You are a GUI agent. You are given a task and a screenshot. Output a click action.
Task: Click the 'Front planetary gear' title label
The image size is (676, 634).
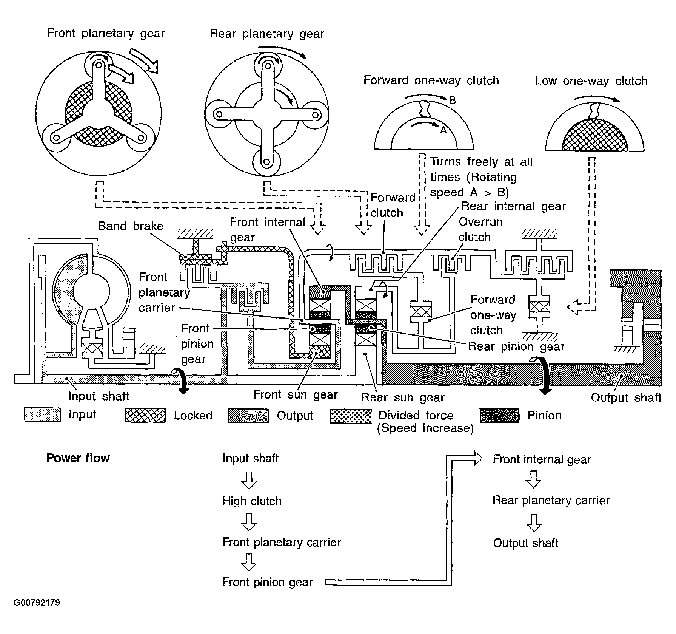coord(106,33)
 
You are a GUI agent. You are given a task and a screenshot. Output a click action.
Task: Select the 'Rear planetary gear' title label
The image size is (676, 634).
coord(267,34)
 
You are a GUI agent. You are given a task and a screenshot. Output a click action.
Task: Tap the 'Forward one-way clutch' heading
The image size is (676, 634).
coord(431,80)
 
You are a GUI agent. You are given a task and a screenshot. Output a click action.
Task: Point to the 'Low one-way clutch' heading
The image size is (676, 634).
coord(591,81)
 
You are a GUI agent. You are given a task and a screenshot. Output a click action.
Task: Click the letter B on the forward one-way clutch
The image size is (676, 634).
coord(453,100)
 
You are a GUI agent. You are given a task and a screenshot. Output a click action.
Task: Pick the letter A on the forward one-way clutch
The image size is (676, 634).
coord(443,130)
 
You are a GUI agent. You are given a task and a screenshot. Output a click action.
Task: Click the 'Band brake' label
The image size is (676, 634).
coord(131,226)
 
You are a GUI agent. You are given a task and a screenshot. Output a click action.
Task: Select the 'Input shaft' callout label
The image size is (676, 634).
coord(99,396)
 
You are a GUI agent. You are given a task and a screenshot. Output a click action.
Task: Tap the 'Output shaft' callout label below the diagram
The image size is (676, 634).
coord(626,397)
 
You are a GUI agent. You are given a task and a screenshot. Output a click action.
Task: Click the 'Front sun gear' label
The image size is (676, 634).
coord(295,394)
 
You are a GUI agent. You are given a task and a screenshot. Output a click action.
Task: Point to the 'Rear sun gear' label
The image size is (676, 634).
coord(403,397)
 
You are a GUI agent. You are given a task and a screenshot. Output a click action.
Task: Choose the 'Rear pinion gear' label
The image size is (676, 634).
coord(516,346)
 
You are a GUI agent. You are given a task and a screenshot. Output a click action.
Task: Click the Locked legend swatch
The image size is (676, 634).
coord(145,415)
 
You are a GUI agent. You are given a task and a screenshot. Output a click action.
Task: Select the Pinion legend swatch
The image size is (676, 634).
coord(499,415)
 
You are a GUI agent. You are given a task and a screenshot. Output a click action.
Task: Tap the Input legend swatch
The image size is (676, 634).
coord(42,414)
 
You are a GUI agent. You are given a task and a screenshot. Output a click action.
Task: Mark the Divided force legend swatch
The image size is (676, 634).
coord(351,416)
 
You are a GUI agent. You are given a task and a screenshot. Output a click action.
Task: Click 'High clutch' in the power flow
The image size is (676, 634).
coord(252,501)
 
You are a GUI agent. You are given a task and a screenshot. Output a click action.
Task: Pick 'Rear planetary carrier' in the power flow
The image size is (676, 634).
coord(551,500)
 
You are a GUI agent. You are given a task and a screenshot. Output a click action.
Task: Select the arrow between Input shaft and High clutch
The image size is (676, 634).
coord(249,480)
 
